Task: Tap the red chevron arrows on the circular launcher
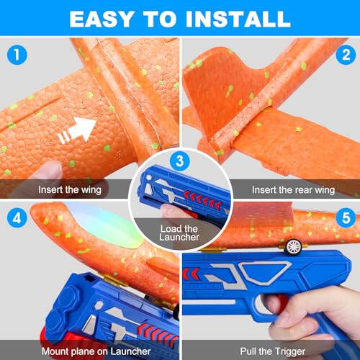(204, 195)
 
